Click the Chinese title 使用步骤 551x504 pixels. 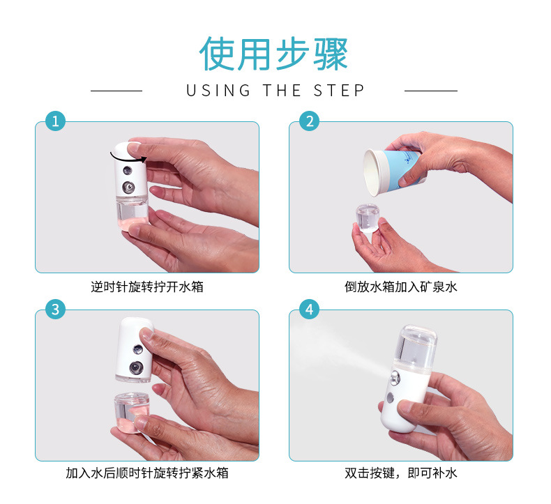274,54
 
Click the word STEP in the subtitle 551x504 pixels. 339,91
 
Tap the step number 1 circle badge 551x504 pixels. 55,121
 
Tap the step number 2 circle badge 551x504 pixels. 309,121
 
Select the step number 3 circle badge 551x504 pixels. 55,309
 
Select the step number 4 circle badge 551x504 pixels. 309,309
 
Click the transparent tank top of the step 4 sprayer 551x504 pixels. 416,346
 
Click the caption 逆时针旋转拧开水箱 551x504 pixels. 147,287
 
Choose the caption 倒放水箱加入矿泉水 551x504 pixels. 401,287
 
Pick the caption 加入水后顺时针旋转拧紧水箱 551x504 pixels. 147,474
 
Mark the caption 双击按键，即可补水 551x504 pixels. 401,474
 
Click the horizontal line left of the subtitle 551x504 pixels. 116,91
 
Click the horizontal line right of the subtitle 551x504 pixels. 430,91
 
